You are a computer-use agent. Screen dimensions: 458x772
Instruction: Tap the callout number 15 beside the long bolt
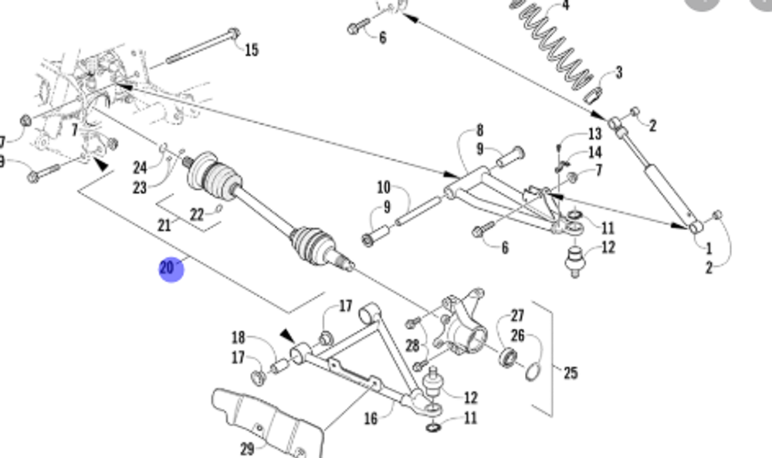251,50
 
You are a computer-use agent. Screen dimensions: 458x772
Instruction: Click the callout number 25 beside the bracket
570,373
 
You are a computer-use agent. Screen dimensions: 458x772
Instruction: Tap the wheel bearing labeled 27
508,357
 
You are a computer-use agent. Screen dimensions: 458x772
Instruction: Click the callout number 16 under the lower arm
371,418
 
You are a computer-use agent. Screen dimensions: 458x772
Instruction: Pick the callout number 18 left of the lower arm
238,338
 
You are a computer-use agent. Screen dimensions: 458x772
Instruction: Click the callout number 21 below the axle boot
164,225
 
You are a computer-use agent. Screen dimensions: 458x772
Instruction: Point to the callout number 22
197,215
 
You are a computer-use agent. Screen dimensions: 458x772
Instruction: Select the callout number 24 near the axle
140,167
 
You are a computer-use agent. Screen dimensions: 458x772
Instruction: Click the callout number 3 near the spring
617,73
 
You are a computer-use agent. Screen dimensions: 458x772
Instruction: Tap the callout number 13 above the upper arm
594,134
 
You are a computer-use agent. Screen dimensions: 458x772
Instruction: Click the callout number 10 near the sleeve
384,187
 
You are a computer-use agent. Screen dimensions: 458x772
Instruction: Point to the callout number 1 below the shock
708,249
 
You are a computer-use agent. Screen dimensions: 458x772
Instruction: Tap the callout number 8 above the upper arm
479,131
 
